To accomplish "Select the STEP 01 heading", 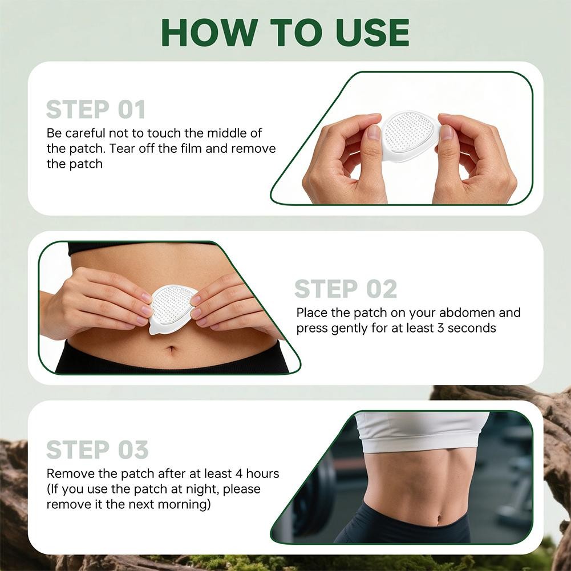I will (95, 110).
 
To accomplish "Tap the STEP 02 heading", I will (345, 289).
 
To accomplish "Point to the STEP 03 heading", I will (97, 449).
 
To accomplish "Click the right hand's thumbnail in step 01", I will (447, 132).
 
